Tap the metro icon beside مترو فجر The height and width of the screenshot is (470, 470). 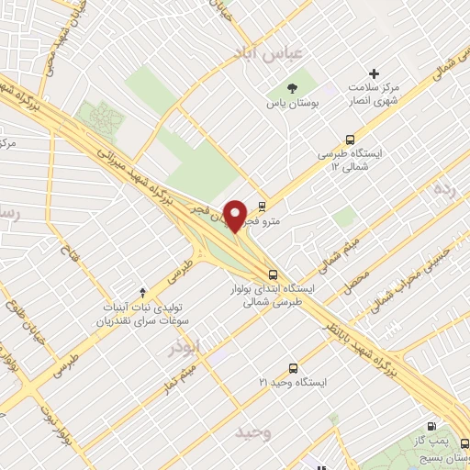(x=263, y=206)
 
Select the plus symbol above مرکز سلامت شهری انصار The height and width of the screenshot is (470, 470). (x=373, y=73)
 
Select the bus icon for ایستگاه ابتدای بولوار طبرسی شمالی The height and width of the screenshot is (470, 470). (x=273, y=274)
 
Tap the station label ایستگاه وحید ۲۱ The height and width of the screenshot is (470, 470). (x=293, y=380)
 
